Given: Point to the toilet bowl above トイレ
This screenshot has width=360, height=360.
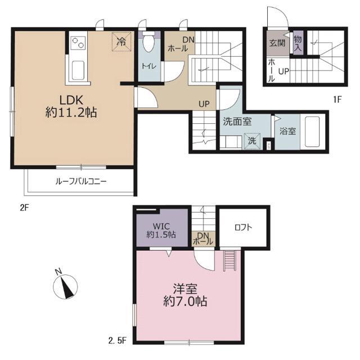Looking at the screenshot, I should pos(149,43).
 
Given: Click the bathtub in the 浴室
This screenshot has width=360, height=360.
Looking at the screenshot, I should pos(310,130).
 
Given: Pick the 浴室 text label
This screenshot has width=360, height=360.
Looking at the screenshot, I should pos(287,131).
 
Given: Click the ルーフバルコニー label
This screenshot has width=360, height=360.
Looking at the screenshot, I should pos(80,182).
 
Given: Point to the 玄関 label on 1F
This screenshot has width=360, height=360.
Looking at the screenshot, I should pos(276,43).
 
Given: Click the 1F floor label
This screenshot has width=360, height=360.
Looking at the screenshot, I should pos(337,100).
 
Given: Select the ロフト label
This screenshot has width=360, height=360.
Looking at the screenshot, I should pos(243,228).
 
